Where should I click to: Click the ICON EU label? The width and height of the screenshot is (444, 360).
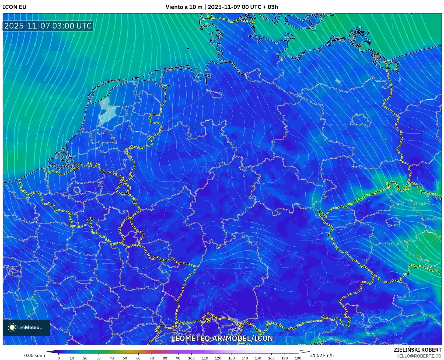[15, 7]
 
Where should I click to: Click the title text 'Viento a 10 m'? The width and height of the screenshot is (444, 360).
[184, 7]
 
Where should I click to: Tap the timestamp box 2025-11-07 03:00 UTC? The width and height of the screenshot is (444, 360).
[48, 26]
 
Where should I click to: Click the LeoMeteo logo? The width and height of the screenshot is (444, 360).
[26, 327]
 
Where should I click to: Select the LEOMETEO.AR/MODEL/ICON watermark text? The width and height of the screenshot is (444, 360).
[222, 338]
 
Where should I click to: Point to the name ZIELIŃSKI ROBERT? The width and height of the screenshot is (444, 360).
[417, 350]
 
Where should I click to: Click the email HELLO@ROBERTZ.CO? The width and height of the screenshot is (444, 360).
[418, 356]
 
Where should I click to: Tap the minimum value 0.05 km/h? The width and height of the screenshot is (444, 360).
[35, 355]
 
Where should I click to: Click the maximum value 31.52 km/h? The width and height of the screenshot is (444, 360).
[322, 355]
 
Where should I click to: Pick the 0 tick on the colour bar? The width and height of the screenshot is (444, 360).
[59, 358]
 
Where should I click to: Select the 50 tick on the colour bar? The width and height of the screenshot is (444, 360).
[125, 358]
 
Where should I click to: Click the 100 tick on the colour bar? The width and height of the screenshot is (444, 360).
[191, 358]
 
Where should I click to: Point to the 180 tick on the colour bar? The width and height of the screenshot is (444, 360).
[298, 358]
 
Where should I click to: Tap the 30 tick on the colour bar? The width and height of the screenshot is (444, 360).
[99, 358]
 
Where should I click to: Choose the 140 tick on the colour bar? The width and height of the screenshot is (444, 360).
[244, 358]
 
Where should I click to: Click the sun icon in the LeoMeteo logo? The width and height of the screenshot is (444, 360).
[12, 327]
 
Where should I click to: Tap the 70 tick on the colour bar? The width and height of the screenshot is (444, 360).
[152, 358]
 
